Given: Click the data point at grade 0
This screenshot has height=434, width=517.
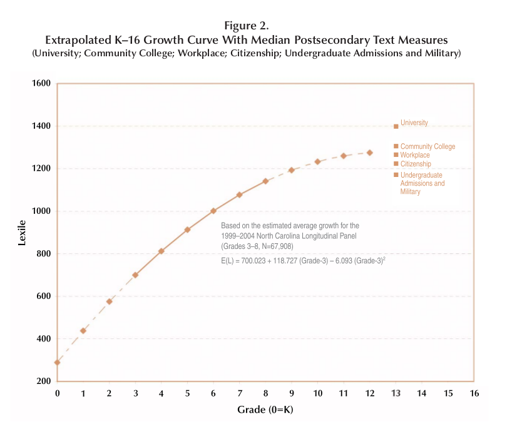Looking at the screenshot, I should [x=57, y=362].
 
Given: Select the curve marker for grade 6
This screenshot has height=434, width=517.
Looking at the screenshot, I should [x=213, y=211].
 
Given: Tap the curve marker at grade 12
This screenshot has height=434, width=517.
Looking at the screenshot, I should [x=370, y=153].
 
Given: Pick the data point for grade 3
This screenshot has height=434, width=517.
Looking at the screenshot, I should [x=135, y=275].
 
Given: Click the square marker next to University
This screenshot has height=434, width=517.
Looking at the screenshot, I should [x=396, y=126].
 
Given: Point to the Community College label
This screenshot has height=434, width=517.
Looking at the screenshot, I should [x=427, y=146].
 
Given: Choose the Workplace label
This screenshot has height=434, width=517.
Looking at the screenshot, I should [x=415, y=155].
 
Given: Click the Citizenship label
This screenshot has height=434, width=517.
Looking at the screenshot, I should [x=416, y=164].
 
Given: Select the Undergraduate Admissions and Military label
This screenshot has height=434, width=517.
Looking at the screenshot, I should [x=422, y=183].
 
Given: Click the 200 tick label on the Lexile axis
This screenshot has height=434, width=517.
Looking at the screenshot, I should [x=43, y=381].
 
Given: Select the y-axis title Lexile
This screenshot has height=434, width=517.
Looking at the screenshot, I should [x=22, y=231].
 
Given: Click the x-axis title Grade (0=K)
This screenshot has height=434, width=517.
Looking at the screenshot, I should [x=265, y=410].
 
